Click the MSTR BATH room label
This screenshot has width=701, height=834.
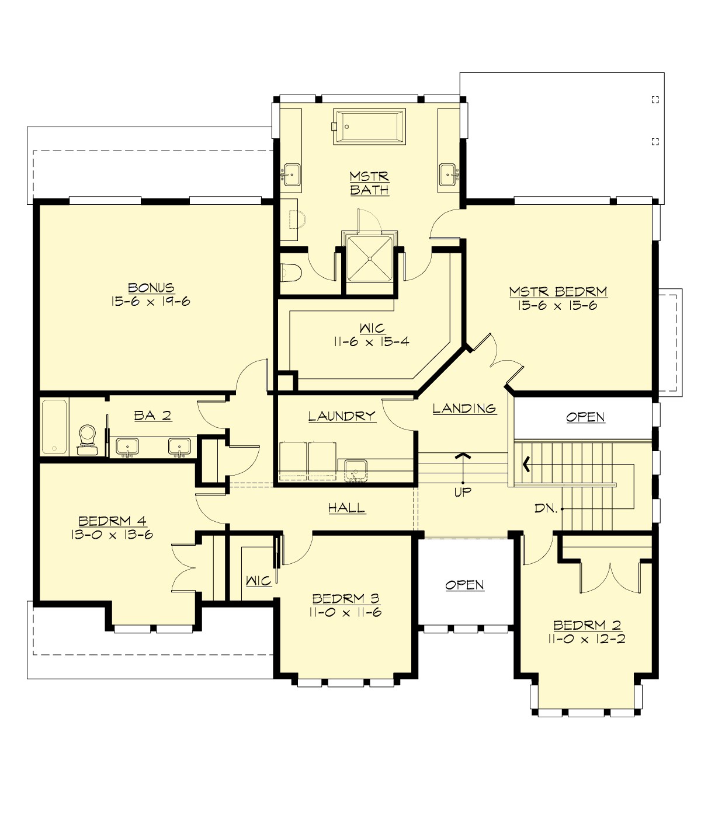click(x=369, y=183)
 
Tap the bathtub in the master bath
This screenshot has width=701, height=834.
click(x=369, y=125)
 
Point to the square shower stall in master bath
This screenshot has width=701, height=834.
click(x=369, y=257)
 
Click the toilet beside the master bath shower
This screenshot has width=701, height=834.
click(x=290, y=272)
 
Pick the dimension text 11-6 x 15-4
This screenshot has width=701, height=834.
click(x=372, y=342)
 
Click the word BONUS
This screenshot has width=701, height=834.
click(x=151, y=288)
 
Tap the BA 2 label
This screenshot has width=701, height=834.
click(x=152, y=416)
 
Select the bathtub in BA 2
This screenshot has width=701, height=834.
click(x=54, y=427)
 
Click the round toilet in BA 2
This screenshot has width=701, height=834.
click(x=87, y=435)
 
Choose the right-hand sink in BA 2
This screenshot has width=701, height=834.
click(x=178, y=447)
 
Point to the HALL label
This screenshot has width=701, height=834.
click(x=347, y=508)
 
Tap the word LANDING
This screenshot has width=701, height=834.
click(x=464, y=409)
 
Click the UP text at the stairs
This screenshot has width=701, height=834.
click(x=463, y=492)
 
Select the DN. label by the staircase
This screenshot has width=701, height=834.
click(x=546, y=508)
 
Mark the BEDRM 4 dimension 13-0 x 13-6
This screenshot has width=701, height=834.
click(x=112, y=535)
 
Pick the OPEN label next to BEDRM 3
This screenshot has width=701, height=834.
click(x=464, y=585)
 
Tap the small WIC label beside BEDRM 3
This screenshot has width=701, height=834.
click(x=258, y=581)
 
